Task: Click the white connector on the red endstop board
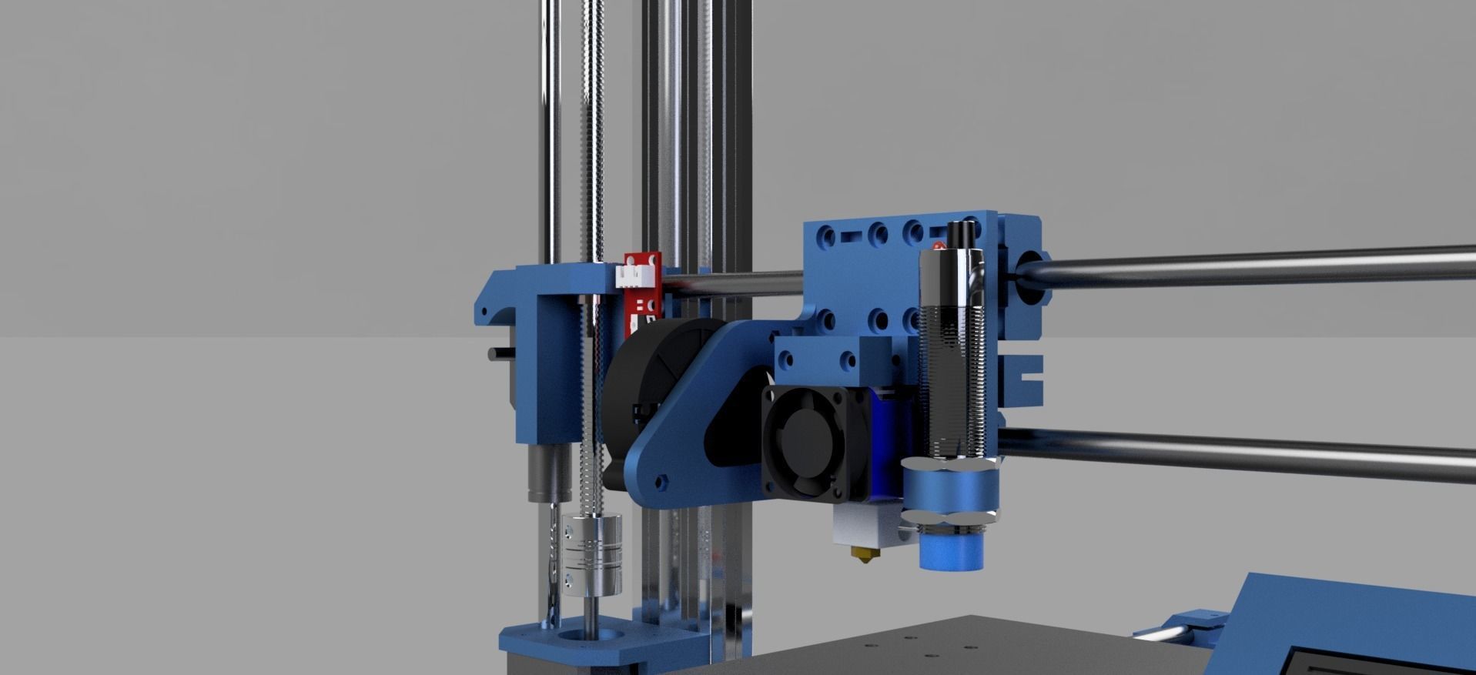pos(635,275)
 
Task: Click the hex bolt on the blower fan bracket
pos(660,483)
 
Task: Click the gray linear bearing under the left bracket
pos(545,473)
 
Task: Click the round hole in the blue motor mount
pos(589,637)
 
